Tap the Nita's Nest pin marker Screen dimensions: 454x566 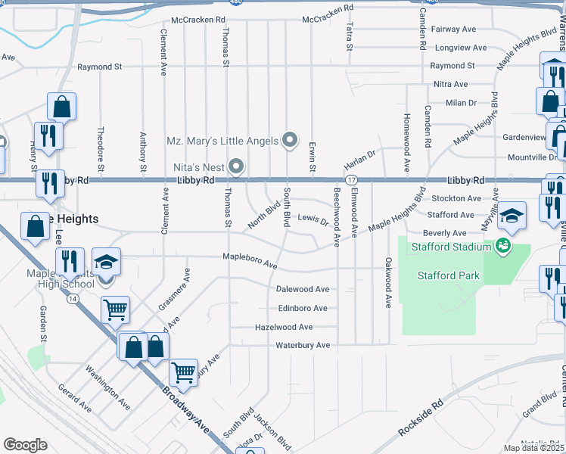237,165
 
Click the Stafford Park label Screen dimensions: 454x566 449,275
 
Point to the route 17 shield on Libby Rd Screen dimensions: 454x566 352,180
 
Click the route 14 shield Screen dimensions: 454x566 73,299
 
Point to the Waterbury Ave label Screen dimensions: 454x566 303,346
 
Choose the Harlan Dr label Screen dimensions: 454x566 359,160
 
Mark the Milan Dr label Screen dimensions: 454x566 461,102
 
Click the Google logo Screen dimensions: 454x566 25,445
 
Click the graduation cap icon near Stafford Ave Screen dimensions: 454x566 512,215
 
